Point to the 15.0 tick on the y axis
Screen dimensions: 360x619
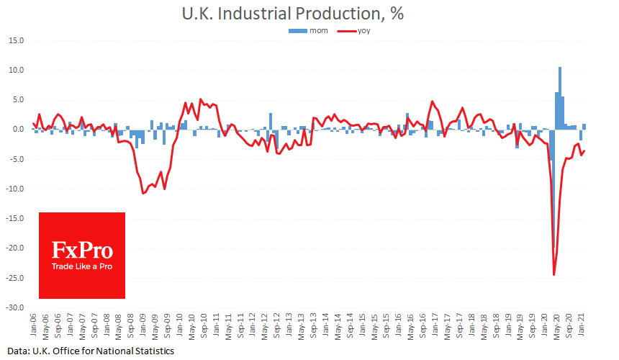pyautogui.click(x=15, y=40)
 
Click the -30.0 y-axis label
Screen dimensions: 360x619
pyautogui.click(x=14, y=307)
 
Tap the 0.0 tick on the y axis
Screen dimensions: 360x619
pyautogui.click(x=17, y=130)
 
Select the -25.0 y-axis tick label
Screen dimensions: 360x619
pyautogui.click(x=14, y=278)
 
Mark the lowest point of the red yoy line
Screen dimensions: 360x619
pyautogui.click(x=554, y=274)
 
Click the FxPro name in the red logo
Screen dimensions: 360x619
pyautogui.click(x=82, y=250)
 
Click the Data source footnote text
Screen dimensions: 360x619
pyautogui.click(x=87, y=351)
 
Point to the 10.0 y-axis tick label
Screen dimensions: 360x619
pyautogui.click(x=15, y=71)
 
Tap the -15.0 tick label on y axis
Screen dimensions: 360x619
pyautogui.click(x=14, y=218)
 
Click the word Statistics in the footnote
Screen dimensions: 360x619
pyautogui.click(x=151, y=351)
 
